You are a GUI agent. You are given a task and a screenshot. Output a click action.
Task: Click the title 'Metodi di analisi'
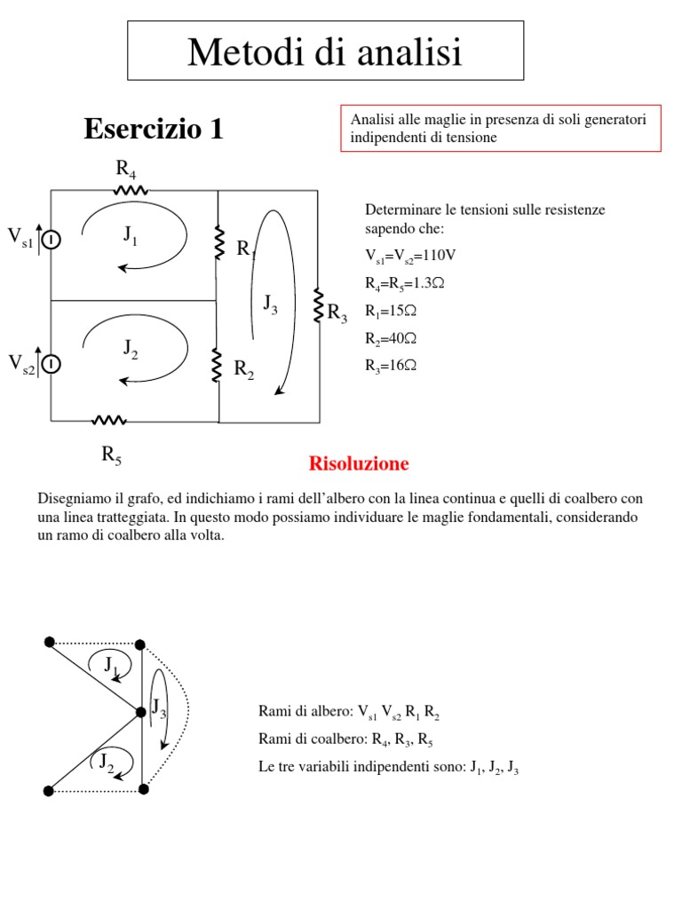click(325, 52)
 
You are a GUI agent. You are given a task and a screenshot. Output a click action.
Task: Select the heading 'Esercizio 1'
click(154, 130)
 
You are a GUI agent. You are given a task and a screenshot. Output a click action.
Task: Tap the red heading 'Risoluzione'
click(359, 463)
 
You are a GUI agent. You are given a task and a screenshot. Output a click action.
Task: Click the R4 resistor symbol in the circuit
click(130, 190)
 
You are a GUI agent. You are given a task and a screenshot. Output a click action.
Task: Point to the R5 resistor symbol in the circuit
click(110, 420)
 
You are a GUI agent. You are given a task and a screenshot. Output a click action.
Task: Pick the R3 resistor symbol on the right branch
click(318, 305)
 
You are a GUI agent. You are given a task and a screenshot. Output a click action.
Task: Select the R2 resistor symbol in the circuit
click(217, 365)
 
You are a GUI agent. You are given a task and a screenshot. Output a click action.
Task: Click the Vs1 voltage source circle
click(52, 239)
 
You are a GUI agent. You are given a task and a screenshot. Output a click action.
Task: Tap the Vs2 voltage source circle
click(52, 364)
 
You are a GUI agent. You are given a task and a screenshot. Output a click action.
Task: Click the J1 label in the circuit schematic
click(131, 235)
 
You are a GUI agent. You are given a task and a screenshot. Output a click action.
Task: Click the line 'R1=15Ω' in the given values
click(391, 311)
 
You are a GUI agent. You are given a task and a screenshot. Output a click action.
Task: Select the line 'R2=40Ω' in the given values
click(391, 338)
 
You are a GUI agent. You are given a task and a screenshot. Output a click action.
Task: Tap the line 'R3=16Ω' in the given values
click(391, 365)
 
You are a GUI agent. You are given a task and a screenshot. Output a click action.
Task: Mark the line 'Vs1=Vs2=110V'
click(410, 257)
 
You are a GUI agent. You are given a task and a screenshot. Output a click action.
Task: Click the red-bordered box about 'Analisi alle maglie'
click(501, 129)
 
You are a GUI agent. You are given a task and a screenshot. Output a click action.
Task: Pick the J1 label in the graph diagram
click(111, 663)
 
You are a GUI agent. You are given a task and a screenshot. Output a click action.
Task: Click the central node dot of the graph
click(141, 712)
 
